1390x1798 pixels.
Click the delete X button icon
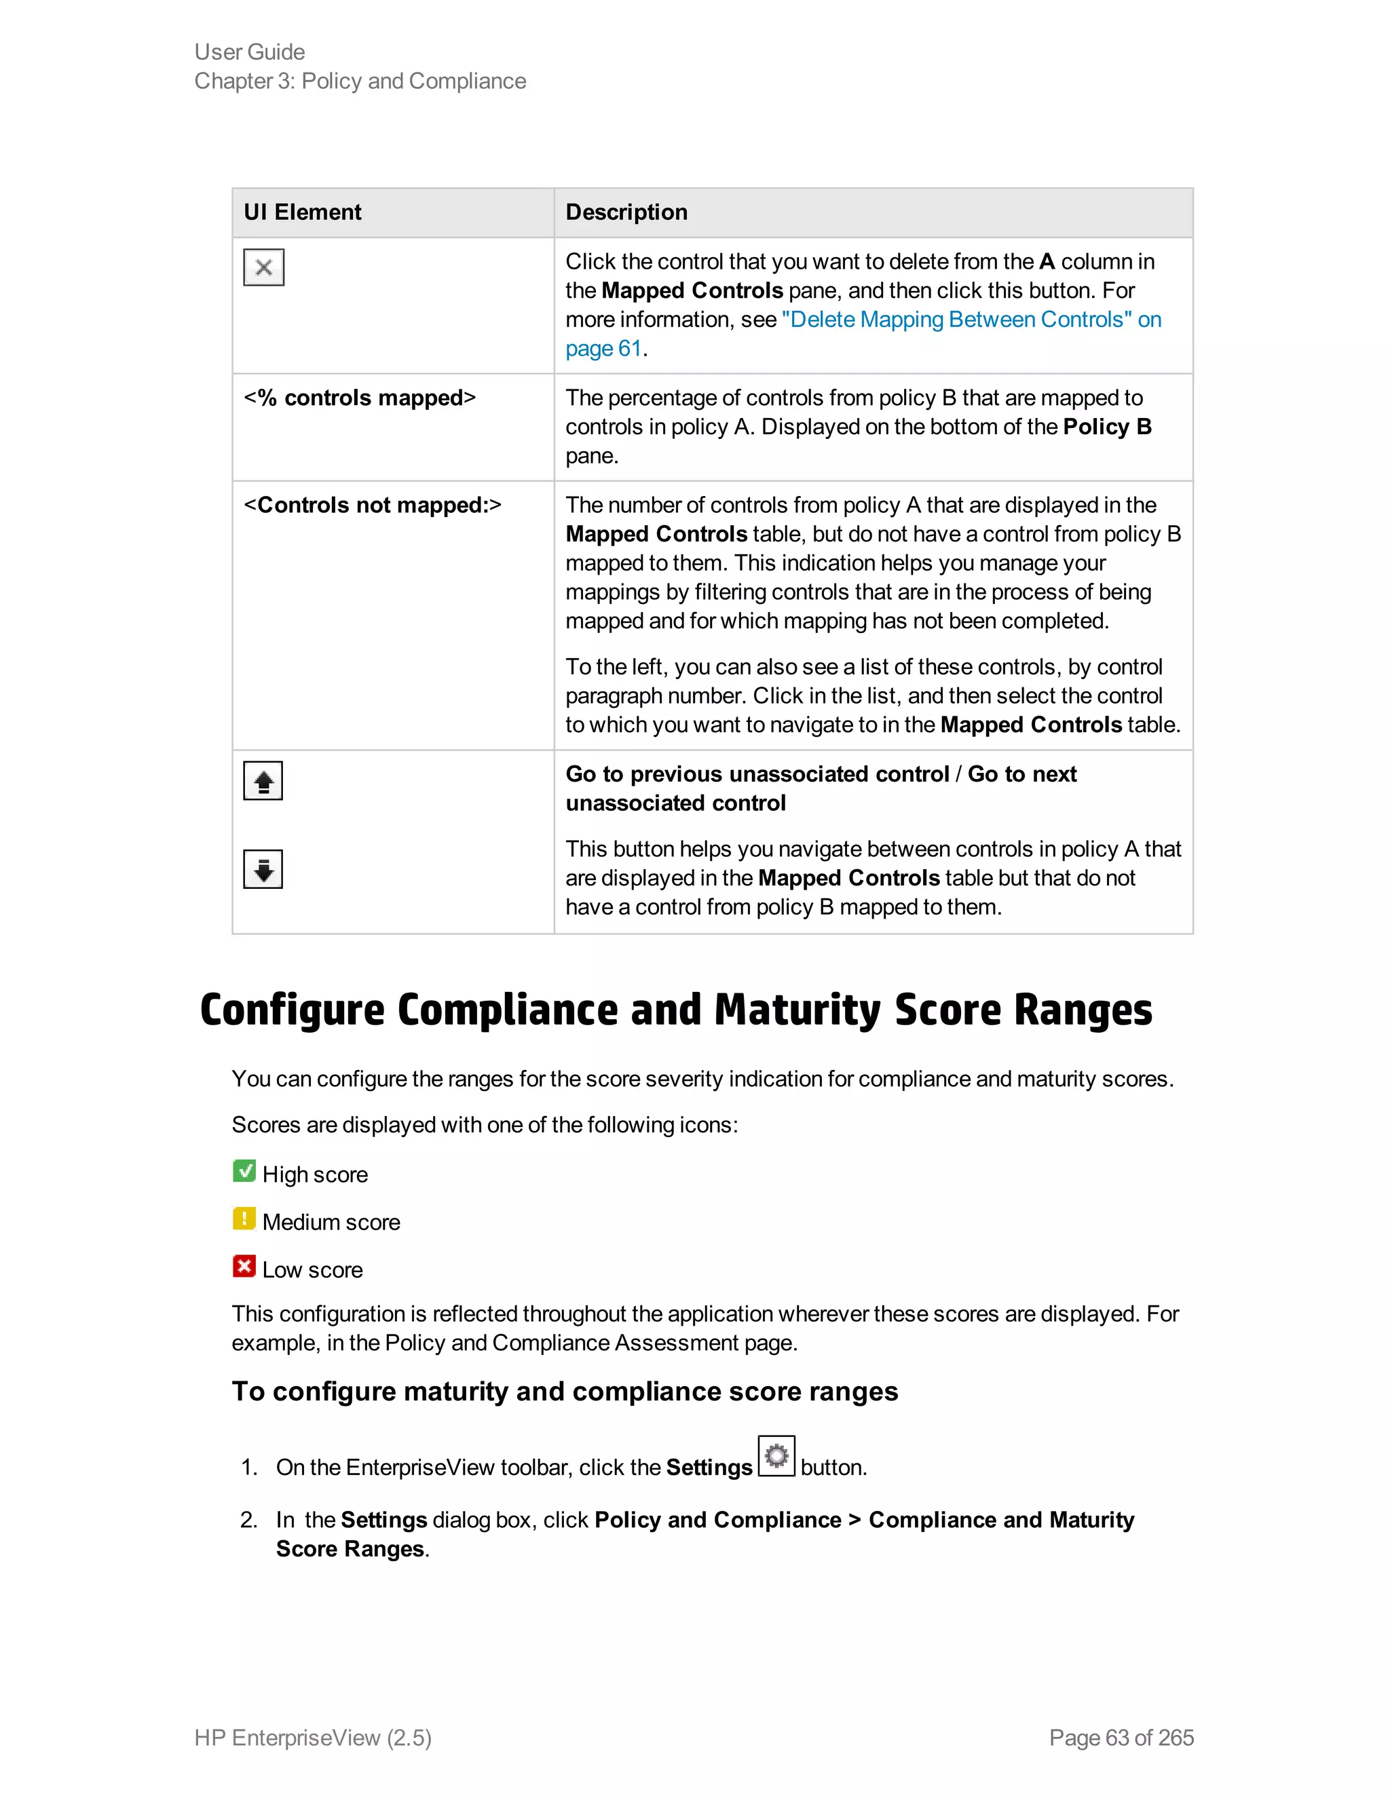[x=263, y=267]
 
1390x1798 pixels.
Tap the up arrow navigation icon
[x=263, y=780]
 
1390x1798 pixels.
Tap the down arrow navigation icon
[x=263, y=869]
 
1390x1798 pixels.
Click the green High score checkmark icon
[x=244, y=1170]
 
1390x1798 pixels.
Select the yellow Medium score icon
[x=244, y=1219]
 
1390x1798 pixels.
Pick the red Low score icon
[x=244, y=1266]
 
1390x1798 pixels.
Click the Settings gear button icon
[x=776, y=1456]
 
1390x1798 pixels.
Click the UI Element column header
[x=302, y=212]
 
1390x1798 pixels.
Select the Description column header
[x=626, y=212]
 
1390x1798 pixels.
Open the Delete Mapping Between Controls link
[x=955, y=320]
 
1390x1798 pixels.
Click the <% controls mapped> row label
[x=360, y=398]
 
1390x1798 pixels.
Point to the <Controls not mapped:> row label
[x=372, y=505]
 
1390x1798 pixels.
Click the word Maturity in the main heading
[x=797, y=1010]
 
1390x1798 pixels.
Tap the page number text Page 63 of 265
[x=1121, y=1737]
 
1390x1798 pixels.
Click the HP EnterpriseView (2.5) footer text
[x=313, y=1737]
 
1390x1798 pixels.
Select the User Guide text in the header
[x=250, y=52]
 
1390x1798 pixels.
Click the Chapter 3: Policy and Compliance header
[x=360, y=81]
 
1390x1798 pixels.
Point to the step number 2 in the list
[x=248, y=1520]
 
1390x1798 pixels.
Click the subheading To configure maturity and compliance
[x=564, y=1392]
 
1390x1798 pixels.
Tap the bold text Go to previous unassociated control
[x=757, y=774]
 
